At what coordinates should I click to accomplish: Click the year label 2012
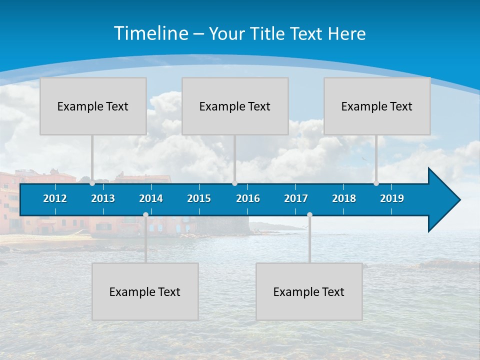click(55, 198)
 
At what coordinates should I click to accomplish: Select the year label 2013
click(103, 198)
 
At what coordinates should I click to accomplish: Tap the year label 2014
click(151, 198)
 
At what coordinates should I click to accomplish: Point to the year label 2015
click(199, 198)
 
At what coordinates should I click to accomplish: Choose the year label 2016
click(248, 198)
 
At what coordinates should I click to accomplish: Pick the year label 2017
click(296, 198)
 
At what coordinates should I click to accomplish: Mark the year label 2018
click(344, 198)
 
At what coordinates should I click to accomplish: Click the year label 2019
click(392, 198)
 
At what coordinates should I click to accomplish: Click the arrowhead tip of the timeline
click(459, 200)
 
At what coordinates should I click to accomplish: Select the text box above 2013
click(93, 106)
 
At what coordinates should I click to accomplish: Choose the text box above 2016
click(235, 106)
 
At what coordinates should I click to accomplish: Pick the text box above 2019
click(377, 106)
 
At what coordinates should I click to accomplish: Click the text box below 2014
click(145, 291)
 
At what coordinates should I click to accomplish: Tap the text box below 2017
click(309, 291)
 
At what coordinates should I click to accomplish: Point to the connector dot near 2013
click(92, 183)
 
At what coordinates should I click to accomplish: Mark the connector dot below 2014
click(145, 215)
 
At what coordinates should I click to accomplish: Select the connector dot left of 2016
click(234, 183)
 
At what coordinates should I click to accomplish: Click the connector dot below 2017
click(309, 215)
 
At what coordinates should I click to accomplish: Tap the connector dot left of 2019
click(376, 183)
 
